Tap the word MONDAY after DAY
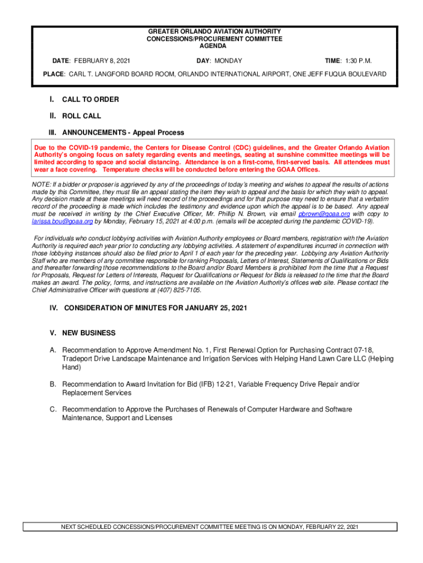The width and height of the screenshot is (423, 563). (228, 60)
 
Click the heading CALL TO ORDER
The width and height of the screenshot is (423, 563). (90, 100)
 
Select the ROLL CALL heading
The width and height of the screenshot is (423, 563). (81, 116)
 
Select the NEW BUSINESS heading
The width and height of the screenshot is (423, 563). (88, 333)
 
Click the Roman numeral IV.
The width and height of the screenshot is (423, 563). (54, 308)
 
